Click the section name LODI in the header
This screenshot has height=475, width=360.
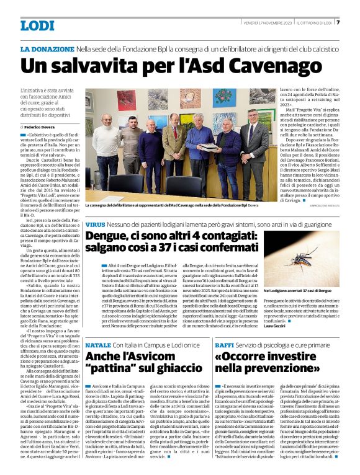[37, 26]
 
